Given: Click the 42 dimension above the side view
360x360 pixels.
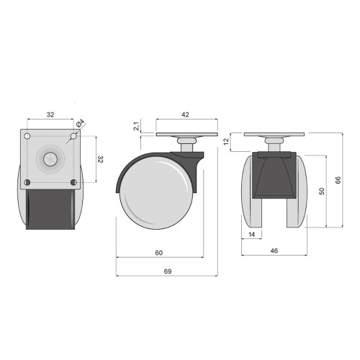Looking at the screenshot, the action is (185, 114).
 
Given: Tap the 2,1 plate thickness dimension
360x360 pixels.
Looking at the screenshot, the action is (136, 126).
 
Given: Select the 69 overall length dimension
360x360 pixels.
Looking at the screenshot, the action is (168, 271).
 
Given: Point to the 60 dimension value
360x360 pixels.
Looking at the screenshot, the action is (158, 253).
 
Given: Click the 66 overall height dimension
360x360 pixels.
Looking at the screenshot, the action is (338, 180).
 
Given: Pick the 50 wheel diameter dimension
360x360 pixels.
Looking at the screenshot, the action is (322, 191).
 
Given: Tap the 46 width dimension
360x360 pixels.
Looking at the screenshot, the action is (274, 251).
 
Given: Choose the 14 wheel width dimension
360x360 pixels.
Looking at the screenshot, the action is (251, 234).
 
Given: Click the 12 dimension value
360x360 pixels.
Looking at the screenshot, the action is (226, 142).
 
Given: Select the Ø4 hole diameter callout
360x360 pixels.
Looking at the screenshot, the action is (81, 123).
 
